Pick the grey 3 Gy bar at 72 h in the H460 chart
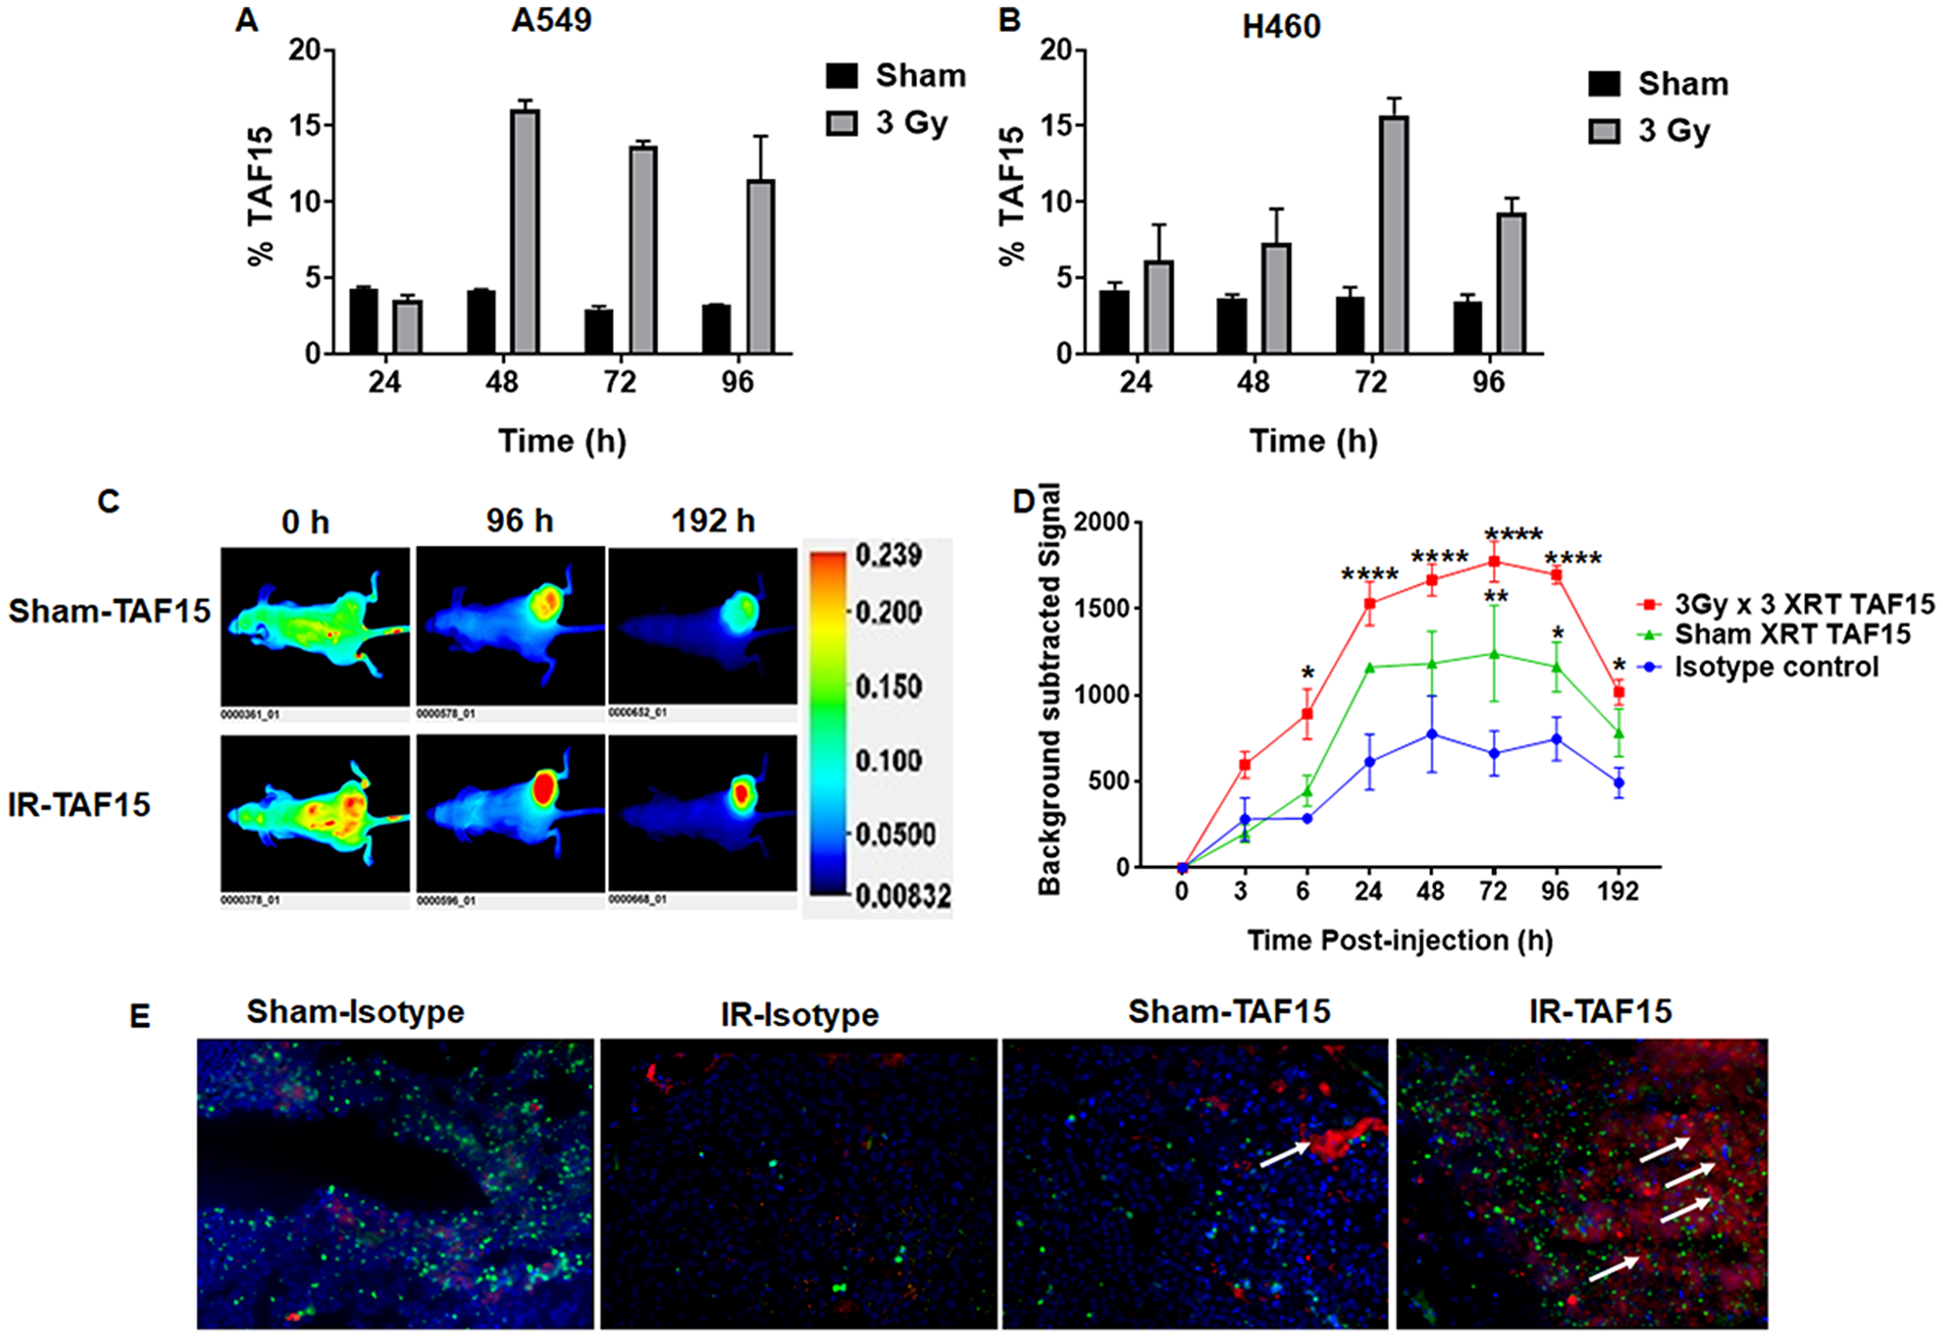(x=1394, y=234)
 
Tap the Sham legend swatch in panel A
(x=842, y=76)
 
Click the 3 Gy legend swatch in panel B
(x=1604, y=130)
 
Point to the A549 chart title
(x=551, y=20)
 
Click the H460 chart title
(x=1280, y=26)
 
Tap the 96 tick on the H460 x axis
(x=1487, y=382)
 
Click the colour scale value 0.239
(x=889, y=556)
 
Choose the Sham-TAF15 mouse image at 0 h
(x=315, y=627)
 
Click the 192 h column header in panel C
(x=712, y=522)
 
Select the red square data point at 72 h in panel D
(x=1494, y=562)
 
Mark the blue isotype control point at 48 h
(x=1431, y=735)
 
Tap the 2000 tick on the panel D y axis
(x=1102, y=523)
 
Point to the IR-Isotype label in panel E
(x=799, y=1015)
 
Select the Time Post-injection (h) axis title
(x=1399, y=941)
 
